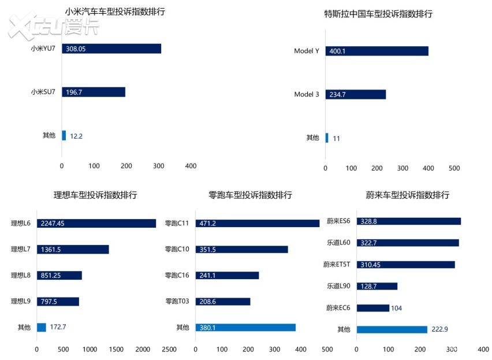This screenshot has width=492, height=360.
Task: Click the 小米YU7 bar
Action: click(111, 49)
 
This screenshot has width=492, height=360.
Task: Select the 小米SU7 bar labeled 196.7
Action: click(94, 92)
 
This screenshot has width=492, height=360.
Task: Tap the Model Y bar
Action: click(377, 51)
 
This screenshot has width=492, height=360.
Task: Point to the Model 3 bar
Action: click(356, 94)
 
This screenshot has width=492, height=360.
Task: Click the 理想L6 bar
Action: click(96, 223)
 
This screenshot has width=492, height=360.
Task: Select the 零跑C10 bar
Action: click(241, 250)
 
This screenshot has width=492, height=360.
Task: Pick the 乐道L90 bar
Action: click(377, 286)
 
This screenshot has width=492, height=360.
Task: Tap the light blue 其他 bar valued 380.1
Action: click(245, 328)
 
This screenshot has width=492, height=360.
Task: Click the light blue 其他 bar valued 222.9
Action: click(392, 329)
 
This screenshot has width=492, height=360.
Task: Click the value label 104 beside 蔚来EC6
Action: click(397, 308)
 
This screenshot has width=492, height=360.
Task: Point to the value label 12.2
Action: click(77, 136)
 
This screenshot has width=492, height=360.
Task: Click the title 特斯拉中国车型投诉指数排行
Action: click(378, 14)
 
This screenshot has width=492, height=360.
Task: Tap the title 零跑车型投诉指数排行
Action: click(250, 195)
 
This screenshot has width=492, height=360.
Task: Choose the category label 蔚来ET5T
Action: click(337, 265)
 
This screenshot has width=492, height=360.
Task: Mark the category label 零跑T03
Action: click(177, 302)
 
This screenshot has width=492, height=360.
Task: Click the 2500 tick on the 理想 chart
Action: click(169, 349)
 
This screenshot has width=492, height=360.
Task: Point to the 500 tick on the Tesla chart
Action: click(454, 168)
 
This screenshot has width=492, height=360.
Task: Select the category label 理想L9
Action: click(21, 302)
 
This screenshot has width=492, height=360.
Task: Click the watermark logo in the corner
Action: click(53, 24)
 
